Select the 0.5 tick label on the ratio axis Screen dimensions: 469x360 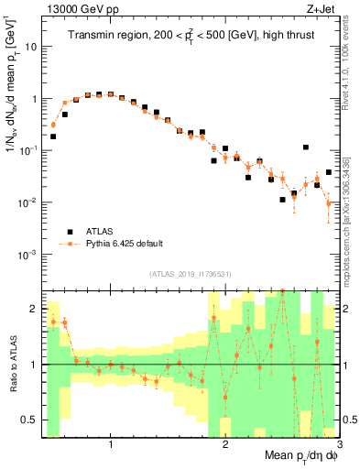(x=29, y=420)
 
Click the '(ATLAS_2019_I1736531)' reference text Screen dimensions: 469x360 (x=190, y=274)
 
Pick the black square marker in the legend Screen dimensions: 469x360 (x=69, y=231)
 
